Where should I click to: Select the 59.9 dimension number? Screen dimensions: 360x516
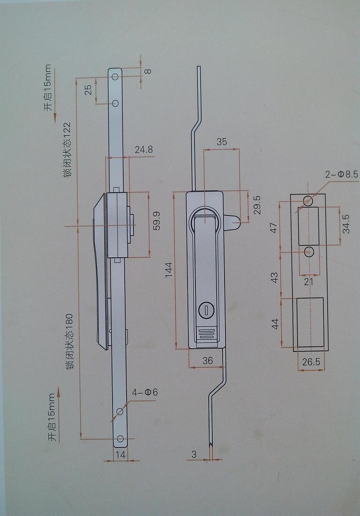point(157,221)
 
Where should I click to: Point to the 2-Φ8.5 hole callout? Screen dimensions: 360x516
point(341,174)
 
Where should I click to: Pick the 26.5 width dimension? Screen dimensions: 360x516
point(311,362)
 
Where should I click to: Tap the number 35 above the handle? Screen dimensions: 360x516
point(222,142)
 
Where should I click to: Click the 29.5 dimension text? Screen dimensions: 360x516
point(256,205)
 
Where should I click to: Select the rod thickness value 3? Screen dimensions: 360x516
point(193,454)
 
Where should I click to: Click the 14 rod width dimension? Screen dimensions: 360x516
point(120,454)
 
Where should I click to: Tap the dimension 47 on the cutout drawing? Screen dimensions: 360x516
point(274,227)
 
